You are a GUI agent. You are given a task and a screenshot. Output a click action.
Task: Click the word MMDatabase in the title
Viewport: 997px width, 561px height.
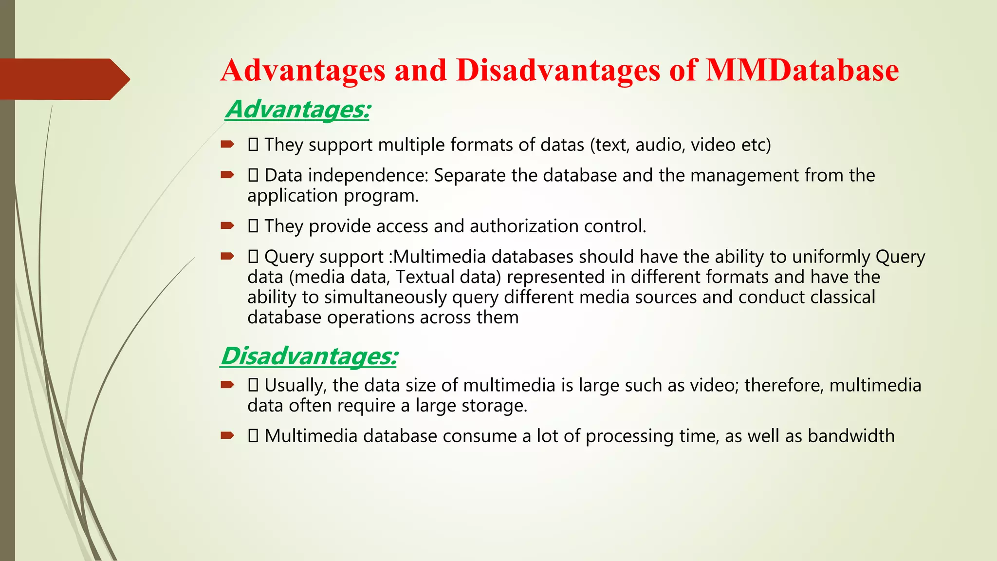(802, 71)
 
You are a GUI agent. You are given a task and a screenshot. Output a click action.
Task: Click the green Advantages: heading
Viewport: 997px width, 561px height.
(297, 109)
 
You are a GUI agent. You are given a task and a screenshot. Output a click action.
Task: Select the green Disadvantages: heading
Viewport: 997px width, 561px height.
(309, 356)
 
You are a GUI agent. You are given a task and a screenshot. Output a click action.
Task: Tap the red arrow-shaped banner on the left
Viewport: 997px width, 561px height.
(63, 79)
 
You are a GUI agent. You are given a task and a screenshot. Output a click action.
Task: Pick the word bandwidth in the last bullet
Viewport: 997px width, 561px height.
(850, 436)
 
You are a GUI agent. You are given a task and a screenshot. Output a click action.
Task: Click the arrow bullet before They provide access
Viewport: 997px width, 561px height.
(227, 226)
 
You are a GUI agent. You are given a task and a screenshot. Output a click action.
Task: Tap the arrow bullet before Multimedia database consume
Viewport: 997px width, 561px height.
(227, 435)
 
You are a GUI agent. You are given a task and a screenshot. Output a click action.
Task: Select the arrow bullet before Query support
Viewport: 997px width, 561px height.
(227, 257)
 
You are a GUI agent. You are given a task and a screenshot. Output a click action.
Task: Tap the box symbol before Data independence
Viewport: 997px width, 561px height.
(253, 175)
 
